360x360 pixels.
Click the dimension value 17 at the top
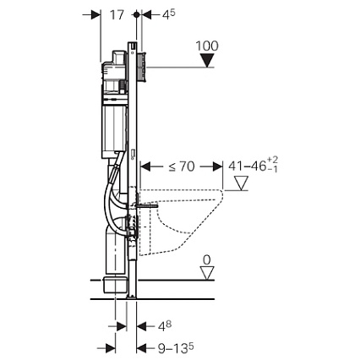pyautogui.click(x=117, y=15)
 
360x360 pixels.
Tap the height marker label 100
pyautogui.click(x=207, y=46)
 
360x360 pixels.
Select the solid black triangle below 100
pyautogui.click(x=207, y=61)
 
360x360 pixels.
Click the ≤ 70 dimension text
pyautogui.click(x=182, y=166)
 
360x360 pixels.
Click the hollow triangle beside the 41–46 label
pyautogui.click(x=242, y=183)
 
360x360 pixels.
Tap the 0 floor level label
pyautogui.click(x=207, y=260)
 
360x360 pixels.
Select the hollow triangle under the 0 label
pyautogui.click(x=207, y=273)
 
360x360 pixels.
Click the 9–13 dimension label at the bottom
pyautogui.click(x=176, y=348)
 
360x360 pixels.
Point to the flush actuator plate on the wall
pyautogui.click(x=141, y=67)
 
